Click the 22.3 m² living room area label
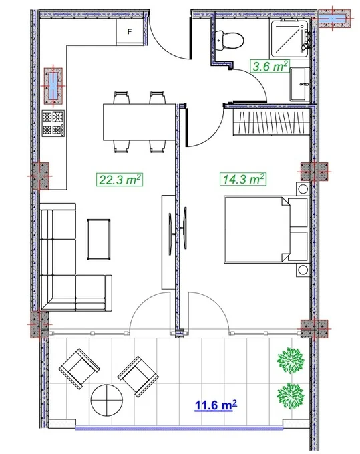coord(120,179)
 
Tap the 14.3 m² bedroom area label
coord(243,179)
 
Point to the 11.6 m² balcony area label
coord(216,405)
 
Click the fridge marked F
coord(130,31)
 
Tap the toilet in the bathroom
coord(229,40)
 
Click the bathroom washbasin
coord(299,85)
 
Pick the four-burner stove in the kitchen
coord(53,124)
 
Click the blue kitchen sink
coord(53,86)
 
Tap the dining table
coord(140,122)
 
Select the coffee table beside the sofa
coord(98,240)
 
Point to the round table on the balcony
coord(107,400)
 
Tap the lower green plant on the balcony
coord(291,395)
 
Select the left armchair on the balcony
coord(79,369)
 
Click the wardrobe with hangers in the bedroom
coord(272,123)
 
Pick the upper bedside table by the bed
coord(303,190)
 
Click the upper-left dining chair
coord(121,97)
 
